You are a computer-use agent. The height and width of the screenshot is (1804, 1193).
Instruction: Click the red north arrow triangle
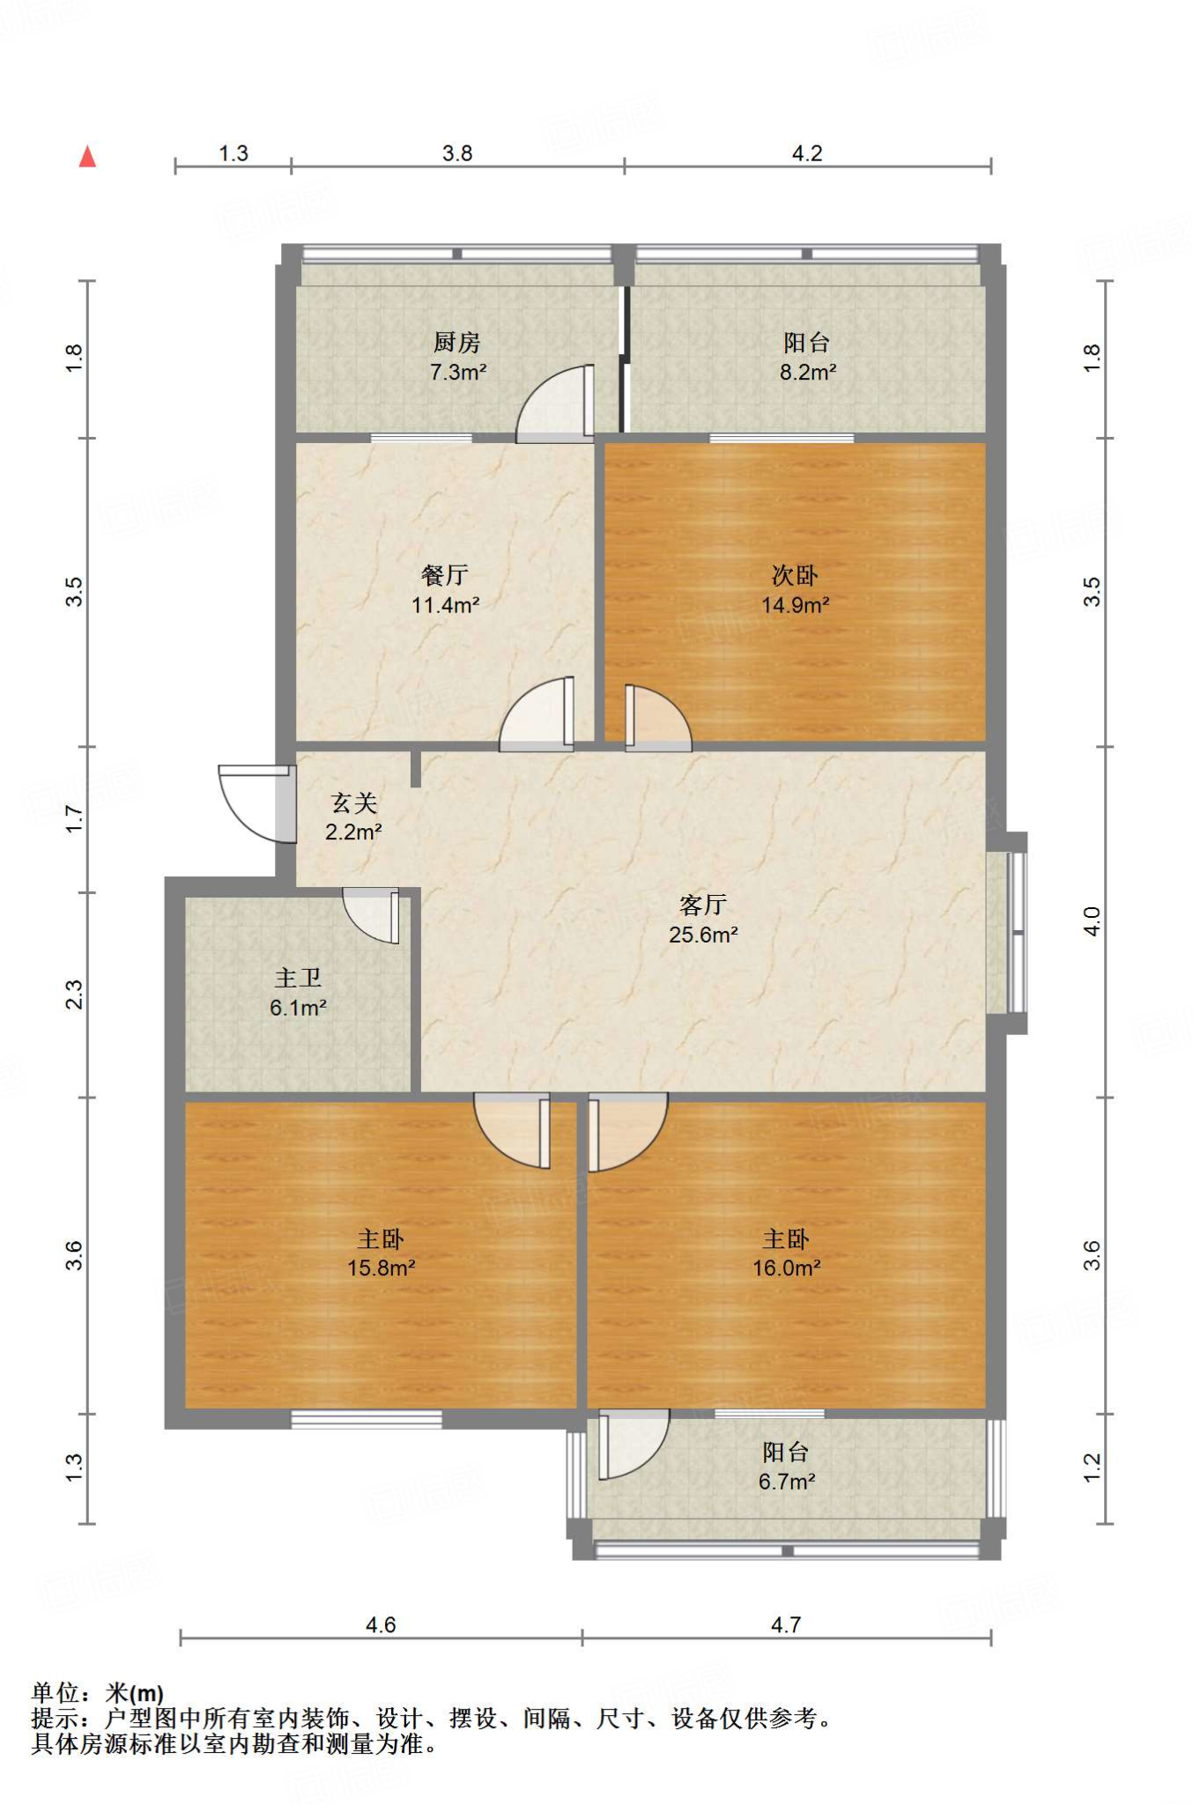click(87, 158)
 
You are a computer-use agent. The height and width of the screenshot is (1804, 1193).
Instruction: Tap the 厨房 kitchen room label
click(456, 342)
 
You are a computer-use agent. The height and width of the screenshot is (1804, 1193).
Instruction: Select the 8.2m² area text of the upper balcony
click(807, 373)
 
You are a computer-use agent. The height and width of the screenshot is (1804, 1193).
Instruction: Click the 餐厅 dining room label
click(445, 575)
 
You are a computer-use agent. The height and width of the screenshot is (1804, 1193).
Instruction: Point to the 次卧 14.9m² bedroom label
click(795, 589)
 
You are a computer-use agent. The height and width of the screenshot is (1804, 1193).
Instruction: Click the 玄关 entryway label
click(353, 802)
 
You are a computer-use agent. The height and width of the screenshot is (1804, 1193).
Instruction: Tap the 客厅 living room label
click(702, 905)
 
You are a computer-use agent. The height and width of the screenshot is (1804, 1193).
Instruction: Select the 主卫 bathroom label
click(298, 978)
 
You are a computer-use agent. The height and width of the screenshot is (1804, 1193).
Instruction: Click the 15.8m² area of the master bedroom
click(381, 1268)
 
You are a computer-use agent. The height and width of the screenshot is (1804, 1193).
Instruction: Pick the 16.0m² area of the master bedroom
click(786, 1268)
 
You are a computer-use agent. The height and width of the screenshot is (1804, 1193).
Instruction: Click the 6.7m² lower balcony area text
click(786, 1482)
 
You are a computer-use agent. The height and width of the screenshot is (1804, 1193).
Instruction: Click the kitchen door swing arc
click(552, 405)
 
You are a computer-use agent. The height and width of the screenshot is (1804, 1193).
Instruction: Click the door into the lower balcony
click(630, 1445)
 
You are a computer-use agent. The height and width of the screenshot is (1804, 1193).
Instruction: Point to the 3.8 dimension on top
click(457, 153)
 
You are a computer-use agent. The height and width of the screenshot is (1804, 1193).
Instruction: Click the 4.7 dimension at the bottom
click(785, 1624)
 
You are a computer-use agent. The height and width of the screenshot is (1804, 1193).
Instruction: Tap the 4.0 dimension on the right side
click(1092, 921)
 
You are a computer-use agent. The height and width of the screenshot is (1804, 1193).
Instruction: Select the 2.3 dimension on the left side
click(75, 994)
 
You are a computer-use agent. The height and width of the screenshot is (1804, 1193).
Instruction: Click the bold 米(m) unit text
click(135, 1693)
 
